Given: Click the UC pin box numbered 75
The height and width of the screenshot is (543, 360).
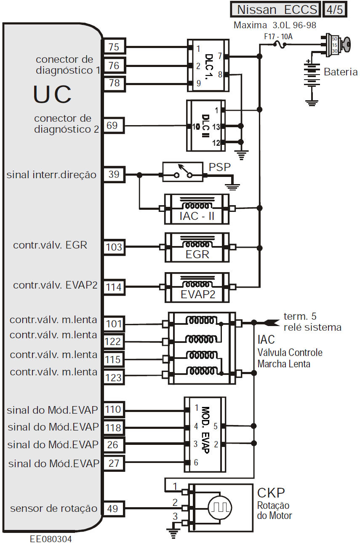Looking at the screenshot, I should (114, 47).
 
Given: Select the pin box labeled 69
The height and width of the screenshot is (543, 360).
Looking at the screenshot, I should (114, 126).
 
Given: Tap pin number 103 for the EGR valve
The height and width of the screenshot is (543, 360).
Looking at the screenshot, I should (114, 247).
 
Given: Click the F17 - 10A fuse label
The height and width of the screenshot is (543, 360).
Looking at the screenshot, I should (278, 37).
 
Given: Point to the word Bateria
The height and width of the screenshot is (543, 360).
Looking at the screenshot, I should (340, 72).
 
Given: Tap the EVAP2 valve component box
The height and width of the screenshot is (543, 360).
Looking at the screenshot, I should (197, 287).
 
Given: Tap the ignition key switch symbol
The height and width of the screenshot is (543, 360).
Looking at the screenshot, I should (337, 44).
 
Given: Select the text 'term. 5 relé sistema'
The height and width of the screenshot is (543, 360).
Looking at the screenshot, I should (312, 322).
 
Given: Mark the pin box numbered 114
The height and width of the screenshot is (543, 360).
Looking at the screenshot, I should (114, 287).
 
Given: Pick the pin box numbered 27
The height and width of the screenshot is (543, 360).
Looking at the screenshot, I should (114, 463).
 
